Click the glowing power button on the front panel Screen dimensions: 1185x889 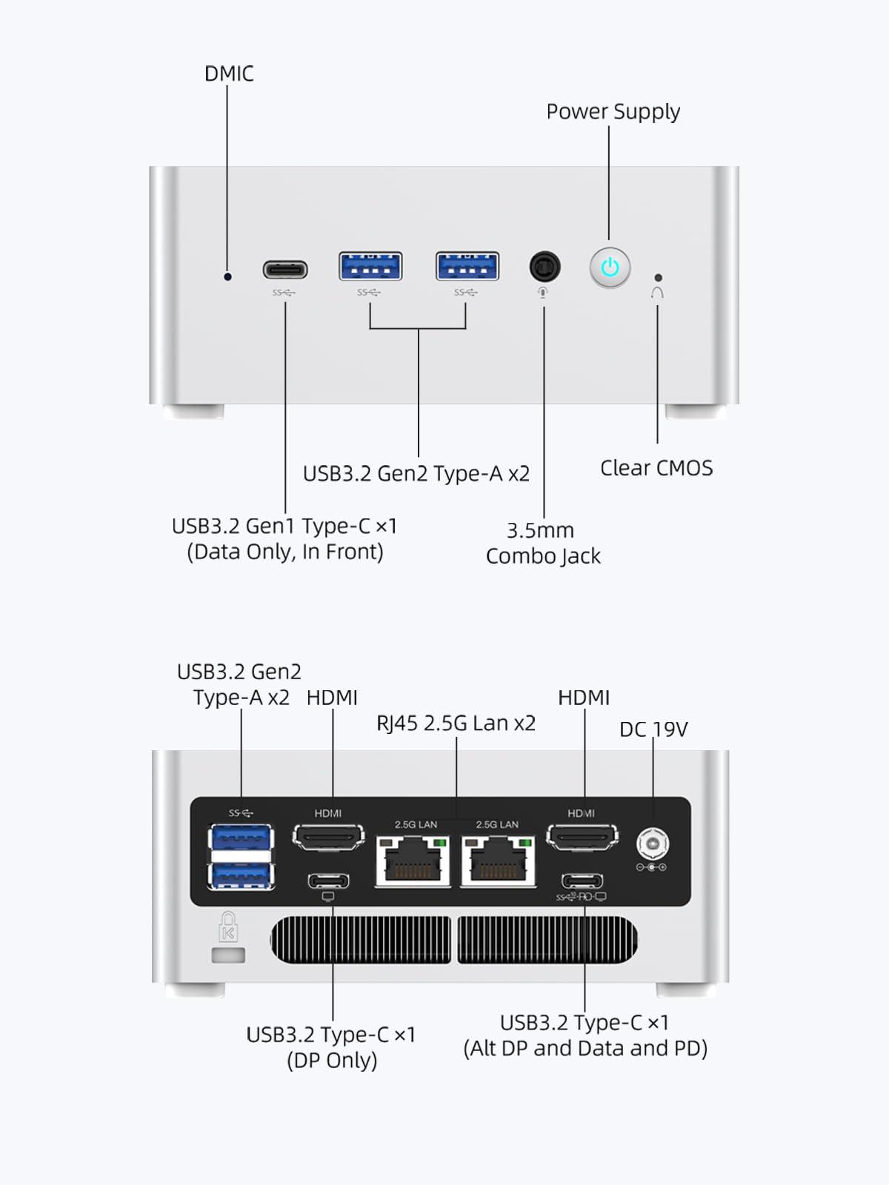pyautogui.click(x=610, y=267)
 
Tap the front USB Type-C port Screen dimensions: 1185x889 pyautogui.click(x=285, y=269)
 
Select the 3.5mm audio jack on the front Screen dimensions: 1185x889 pyautogui.click(x=545, y=267)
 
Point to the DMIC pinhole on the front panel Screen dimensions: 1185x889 pyautogui.click(x=227, y=276)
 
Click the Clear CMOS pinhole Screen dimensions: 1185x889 pyautogui.click(x=658, y=278)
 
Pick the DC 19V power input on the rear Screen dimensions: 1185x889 pyautogui.click(x=652, y=844)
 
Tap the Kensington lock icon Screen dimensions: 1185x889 pyautogui.click(x=228, y=927)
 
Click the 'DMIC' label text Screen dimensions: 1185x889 pyautogui.click(x=229, y=74)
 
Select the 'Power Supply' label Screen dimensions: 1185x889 pyautogui.click(x=613, y=111)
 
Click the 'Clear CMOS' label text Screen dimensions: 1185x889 pyautogui.click(x=656, y=468)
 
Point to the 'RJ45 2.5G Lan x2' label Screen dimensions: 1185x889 pyautogui.click(x=456, y=723)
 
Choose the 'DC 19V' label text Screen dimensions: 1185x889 pyautogui.click(x=653, y=730)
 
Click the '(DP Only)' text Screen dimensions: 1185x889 pyautogui.click(x=332, y=1061)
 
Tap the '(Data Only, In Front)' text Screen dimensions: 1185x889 pyautogui.click(x=285, y=552)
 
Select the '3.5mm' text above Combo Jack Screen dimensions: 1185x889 pyautogui.click(x=540, y=530)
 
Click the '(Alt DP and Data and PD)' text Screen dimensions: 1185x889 pyautogui.click(x=585, y=1049)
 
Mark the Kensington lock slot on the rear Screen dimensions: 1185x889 pyautogui.click(x=228, y=955)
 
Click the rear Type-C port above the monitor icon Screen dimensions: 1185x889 pyautogui.click(x=328, y=881)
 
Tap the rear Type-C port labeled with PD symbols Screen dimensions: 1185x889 pyautogui.click(x=582, y=881)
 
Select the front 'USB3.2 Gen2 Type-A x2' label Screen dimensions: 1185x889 pyautogui.click(x=416, y=474)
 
